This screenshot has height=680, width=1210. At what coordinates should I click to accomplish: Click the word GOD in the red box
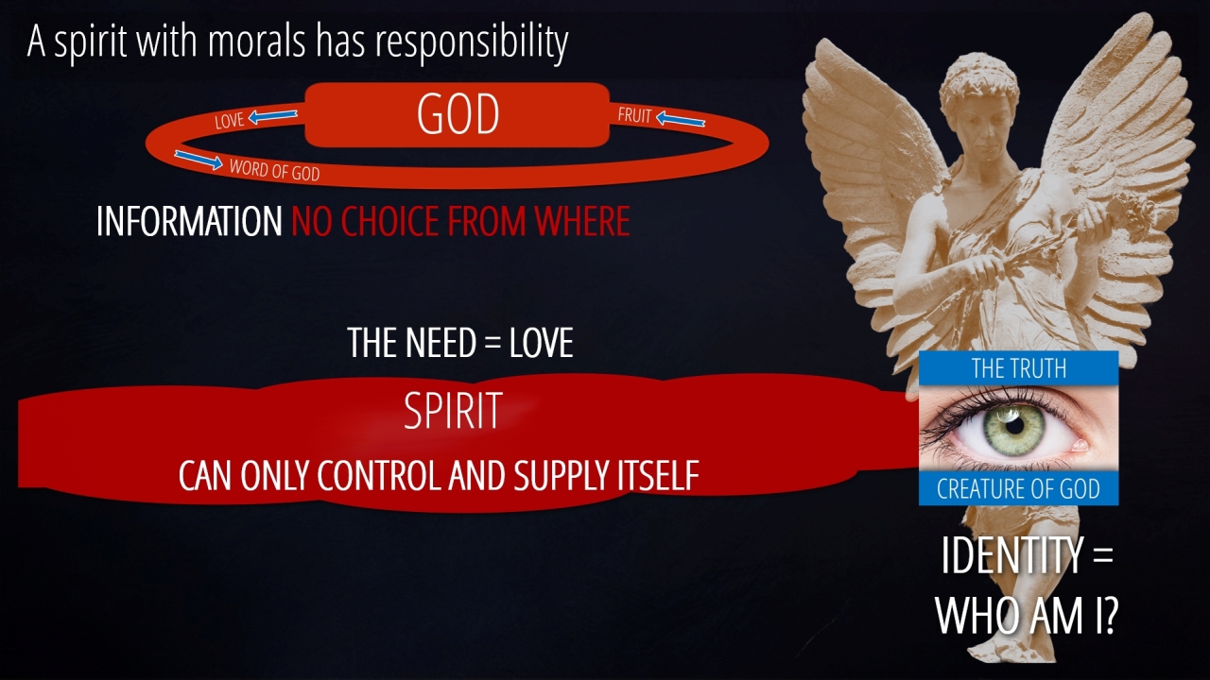(458, 114)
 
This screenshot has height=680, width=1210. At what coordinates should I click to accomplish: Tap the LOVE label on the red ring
(230, 121)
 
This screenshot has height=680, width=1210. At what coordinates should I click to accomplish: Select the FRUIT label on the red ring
(634, 115)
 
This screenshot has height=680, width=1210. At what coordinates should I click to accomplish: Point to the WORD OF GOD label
(274, 169)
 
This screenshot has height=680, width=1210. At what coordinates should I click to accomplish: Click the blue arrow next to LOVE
(273, 116)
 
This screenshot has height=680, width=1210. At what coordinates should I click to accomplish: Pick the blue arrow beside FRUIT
(681, 119)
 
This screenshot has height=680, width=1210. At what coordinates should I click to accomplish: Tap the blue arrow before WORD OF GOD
(199, 160)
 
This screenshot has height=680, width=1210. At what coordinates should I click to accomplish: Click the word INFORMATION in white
(189, 221)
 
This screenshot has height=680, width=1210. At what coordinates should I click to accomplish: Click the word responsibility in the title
(472, 42)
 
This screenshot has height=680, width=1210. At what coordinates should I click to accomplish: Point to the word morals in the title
(256, 41)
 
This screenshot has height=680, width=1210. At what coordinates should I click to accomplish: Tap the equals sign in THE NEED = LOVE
(493, 343)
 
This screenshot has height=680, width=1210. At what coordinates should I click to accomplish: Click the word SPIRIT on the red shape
(453, 411)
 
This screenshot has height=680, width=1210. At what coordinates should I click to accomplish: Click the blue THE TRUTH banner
(1018, 368)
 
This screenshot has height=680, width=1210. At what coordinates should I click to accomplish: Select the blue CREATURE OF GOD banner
(1018, 488)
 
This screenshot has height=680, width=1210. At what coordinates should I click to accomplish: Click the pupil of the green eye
(1015, 426)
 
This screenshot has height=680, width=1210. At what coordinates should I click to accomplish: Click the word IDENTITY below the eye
(1011, 555)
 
